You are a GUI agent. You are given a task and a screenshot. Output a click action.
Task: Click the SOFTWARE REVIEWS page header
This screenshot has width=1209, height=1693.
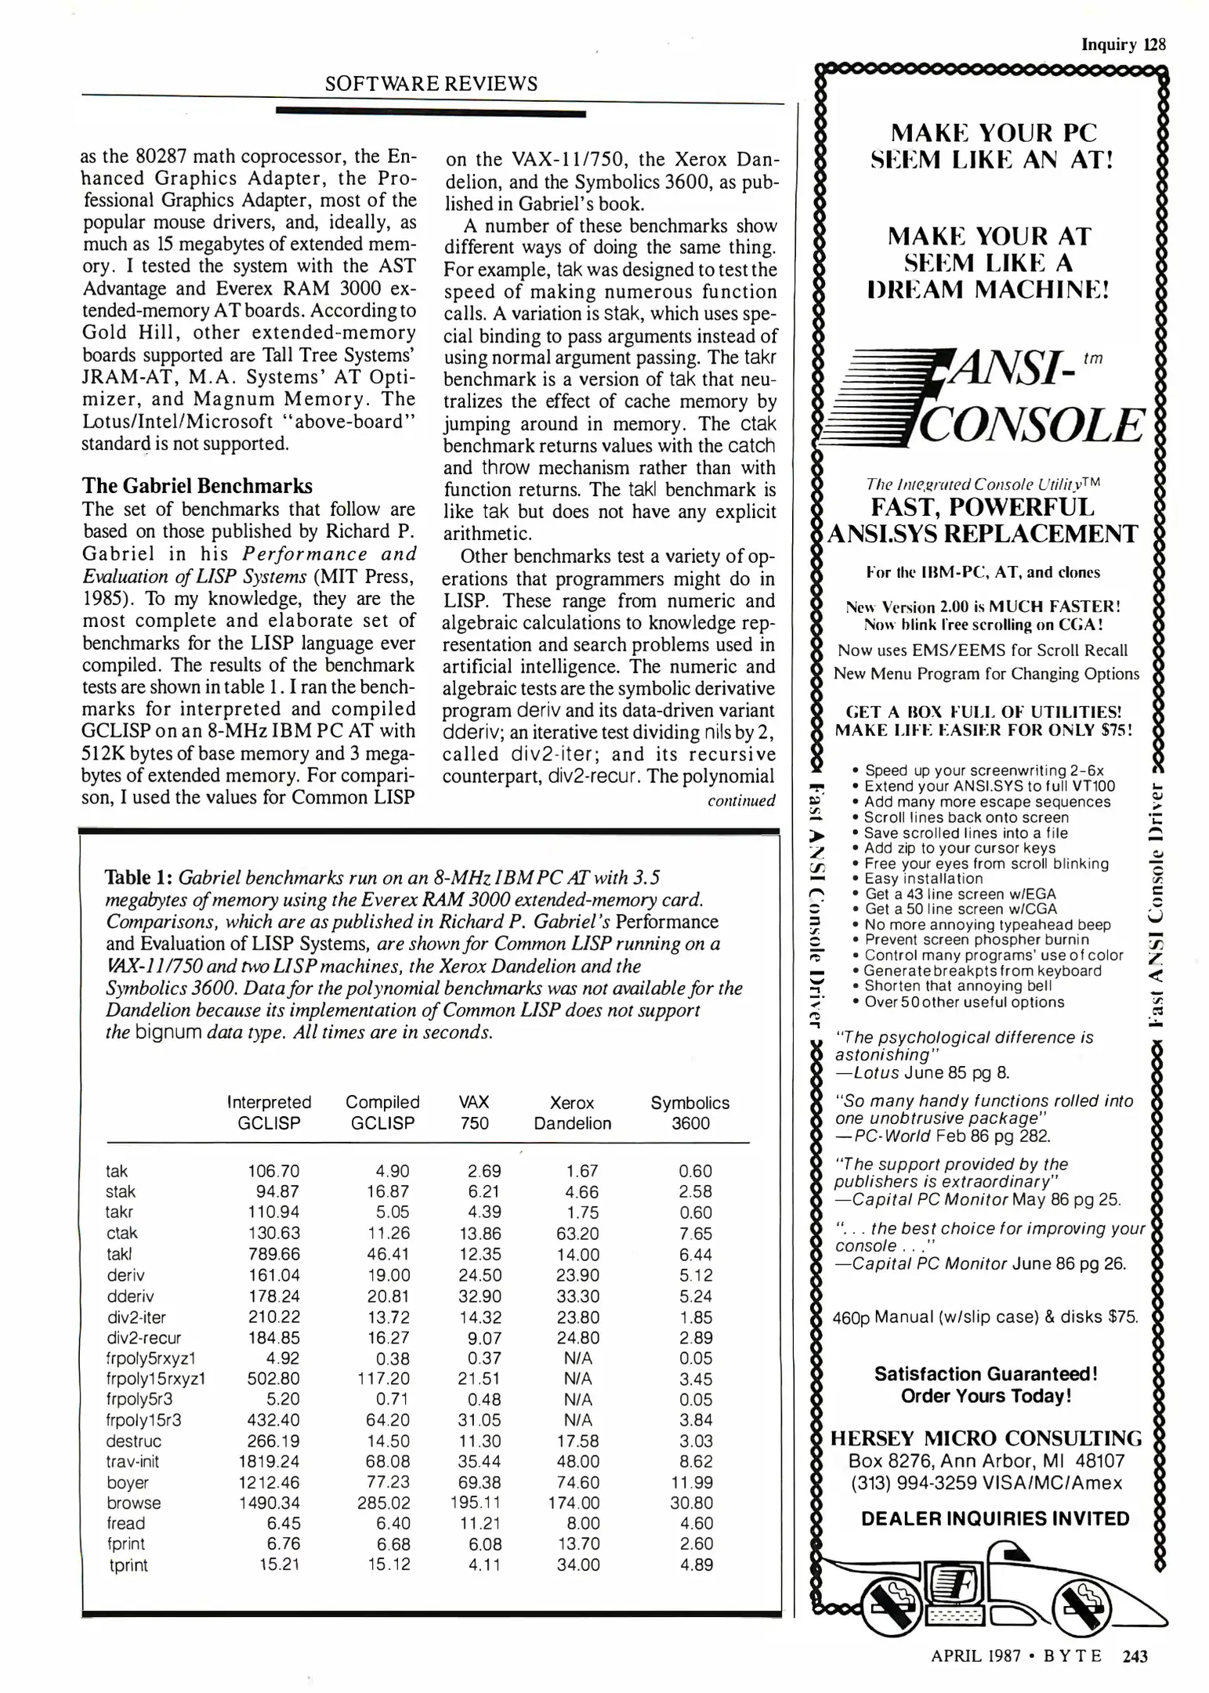pyautogui.click(x=431, y=84)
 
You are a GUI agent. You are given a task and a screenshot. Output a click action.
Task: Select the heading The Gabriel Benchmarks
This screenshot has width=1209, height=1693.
pyautogui.click(x=197, y=486)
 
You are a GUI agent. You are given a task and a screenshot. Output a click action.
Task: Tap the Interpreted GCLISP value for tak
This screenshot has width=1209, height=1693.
pyautogui.click(x=273, y=1171)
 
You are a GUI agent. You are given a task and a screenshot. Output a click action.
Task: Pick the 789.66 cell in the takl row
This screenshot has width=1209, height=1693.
pyautogui.click(x=274, y=1254)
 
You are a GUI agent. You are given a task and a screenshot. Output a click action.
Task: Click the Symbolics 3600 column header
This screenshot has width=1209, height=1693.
pyautogui.click(x=690, y=1113)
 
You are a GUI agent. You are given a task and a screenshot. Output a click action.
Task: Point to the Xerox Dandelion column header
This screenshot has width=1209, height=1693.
pyautogui.click(x=572, y=1113)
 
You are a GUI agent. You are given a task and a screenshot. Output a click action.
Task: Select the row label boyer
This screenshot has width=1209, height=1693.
pyautogui.click(x=128, y=1483)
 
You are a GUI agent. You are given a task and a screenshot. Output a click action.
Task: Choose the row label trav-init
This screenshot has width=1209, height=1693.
pyautogui.click(x=132, y=1462)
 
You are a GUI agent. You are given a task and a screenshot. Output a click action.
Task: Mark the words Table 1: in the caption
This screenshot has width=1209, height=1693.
pyautogui.click(x=139, y=878)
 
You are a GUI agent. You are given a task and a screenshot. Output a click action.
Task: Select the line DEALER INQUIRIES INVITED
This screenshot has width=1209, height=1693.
pyautogui.click(x=995, y=1519)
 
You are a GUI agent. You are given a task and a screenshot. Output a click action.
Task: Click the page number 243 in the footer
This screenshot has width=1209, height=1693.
pyautogui.click(x=1135, y=1656)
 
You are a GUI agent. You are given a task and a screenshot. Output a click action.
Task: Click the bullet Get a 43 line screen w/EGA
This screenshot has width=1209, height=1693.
pyautogui.click(x=960, y=894)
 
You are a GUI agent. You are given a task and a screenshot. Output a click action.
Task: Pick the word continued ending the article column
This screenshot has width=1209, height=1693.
pyautogui.click(x=741, y=801)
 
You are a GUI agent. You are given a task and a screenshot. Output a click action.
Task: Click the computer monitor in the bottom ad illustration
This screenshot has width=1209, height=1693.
pyautogui.click(x=951, y=1586)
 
